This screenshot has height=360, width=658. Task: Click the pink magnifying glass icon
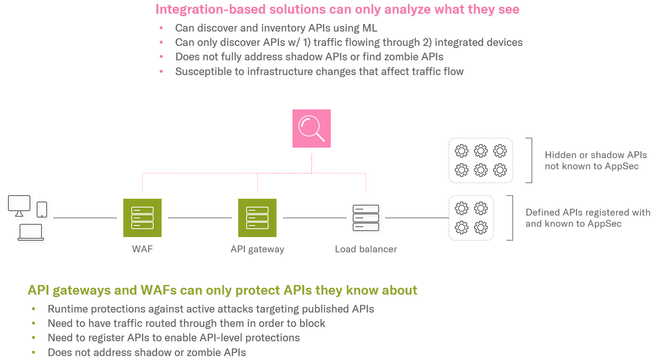(x=311, y=129)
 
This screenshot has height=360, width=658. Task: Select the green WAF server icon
(x=142, y=218)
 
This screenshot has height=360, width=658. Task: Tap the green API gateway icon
(x=257, y=218)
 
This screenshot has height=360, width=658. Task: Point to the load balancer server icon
(x=366, y=218)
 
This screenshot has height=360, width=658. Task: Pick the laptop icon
(x=31, y=232)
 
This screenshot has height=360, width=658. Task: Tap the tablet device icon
(x=42, y=210)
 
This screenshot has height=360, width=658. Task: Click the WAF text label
(x=142, y=249)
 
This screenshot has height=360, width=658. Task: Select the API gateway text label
(x=257, y=249)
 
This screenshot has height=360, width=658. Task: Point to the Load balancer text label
(x=366, y=249)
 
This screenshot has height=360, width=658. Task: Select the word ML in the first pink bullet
(x=370, y=28)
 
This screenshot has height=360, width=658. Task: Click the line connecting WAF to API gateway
(x=200, y=218)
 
